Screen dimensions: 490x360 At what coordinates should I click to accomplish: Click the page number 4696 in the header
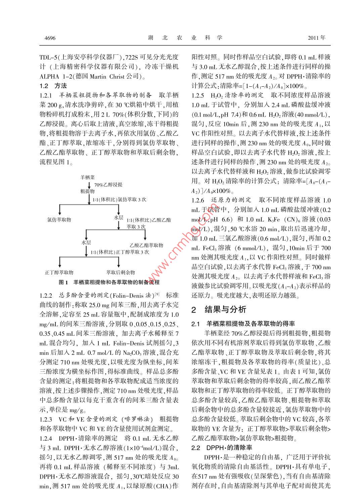[50, 38]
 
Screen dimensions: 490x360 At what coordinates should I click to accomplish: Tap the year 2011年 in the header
[317, 38]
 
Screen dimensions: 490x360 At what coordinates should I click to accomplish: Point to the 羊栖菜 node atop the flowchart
[87, 177]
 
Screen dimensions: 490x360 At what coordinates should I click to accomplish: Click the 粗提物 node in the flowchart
[87, 191]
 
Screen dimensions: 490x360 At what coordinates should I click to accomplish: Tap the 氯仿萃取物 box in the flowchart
[59, 219]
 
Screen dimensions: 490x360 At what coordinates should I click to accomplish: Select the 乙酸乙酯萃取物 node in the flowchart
[146, 245]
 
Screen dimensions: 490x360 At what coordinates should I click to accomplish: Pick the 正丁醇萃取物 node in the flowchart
[59, 272]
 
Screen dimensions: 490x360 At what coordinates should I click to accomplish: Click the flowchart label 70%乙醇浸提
[108, 185]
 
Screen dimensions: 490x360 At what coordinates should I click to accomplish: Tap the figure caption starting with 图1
[109, 282]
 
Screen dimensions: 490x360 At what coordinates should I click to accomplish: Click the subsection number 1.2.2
[46, 295]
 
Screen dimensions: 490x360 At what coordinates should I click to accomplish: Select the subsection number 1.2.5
[198, 95]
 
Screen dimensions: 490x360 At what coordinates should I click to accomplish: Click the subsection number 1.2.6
[198, 200]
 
